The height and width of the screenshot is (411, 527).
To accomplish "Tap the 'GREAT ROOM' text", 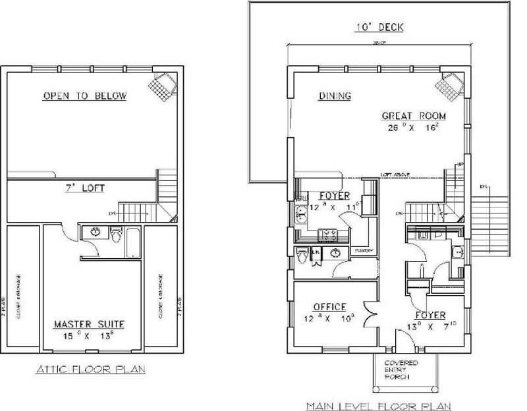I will (x=414, y=117).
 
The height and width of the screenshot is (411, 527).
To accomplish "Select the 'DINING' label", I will (x=335, y=96).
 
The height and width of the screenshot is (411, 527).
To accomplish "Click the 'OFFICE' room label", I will (x=330, y=308).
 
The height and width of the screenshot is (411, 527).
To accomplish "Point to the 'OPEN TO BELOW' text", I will (x=84, y=96).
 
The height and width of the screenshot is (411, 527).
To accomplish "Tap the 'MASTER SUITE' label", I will (x=89, y=325).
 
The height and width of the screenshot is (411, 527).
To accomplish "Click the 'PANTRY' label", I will (x=364, y=251).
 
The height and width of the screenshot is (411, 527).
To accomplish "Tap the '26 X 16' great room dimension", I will (x=414, y=128).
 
